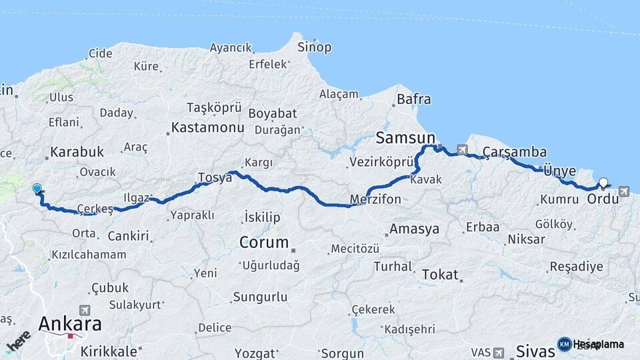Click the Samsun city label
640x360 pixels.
pos(405,138)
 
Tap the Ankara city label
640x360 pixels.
pos(70,325)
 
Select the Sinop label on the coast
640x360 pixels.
pos(314,47)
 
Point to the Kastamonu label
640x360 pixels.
pos(207,127)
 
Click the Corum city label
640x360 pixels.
pos(264,243)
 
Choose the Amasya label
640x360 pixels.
pos(415,229)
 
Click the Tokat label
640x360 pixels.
pos(440,274)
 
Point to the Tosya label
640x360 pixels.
pos(213,178)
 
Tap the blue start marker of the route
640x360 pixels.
pos(37,189)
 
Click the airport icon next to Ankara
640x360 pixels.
pos(84,310)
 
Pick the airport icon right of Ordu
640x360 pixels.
pos(624,192)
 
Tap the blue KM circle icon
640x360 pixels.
pos(564,344)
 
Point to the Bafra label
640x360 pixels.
pos(413,100)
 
